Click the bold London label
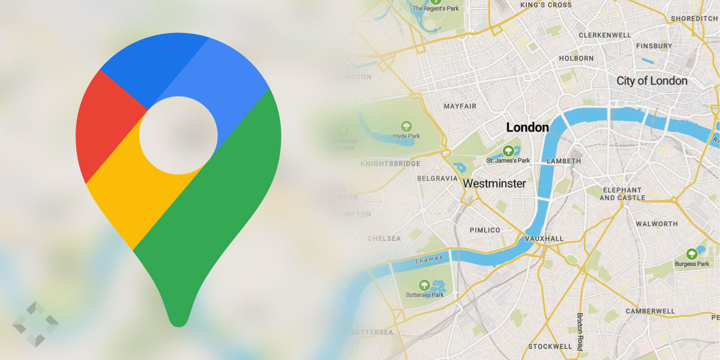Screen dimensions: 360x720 coord(527,127)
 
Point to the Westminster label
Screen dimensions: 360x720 coord(495,183)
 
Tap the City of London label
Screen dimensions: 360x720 coord(652,80)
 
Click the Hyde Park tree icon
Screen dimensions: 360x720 coord(407,126)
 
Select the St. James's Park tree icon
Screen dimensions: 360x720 coord(508,150)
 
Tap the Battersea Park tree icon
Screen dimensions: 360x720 coord(424,285)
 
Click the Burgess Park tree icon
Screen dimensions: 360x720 coord(692,254)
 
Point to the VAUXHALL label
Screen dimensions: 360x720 coord(544,238)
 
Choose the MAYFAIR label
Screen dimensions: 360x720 coord(460,106)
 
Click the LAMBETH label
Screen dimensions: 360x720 coord(564,161)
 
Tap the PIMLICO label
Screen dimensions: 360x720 coord(485,230)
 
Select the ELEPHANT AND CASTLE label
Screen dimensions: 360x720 coord(622,193)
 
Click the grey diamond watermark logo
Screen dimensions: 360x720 coord(35,324)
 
